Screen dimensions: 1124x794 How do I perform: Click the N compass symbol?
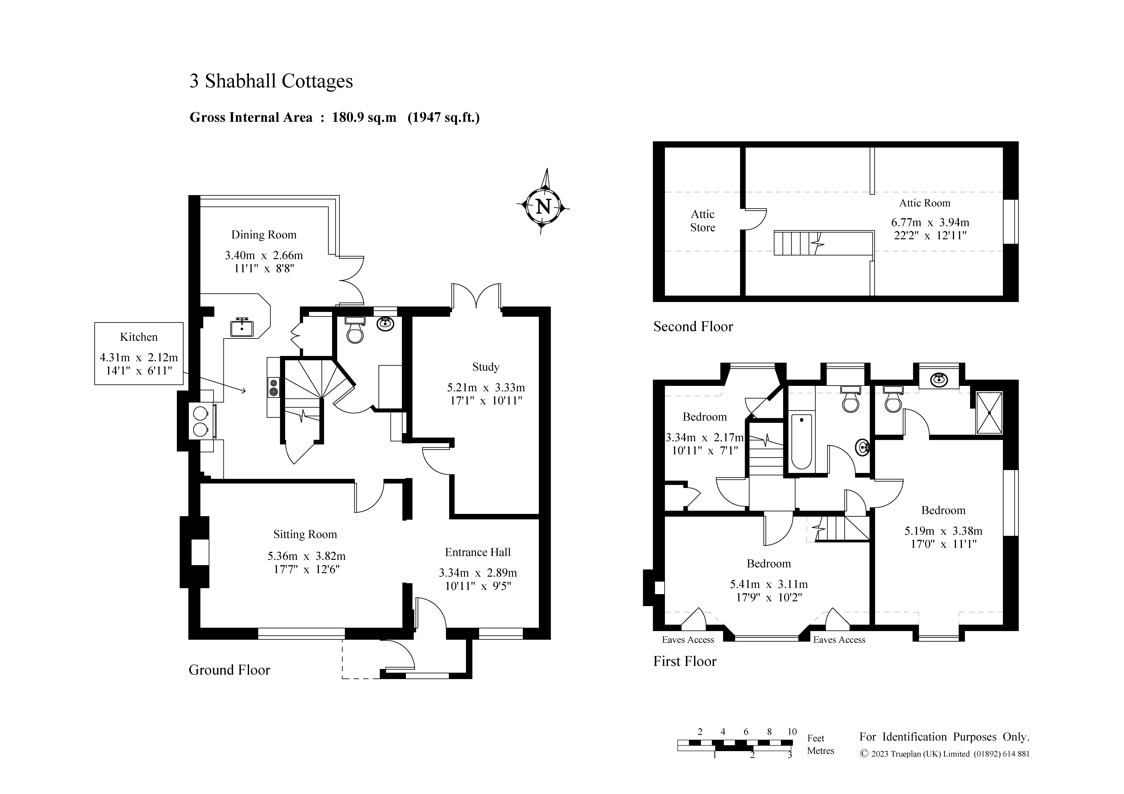pyautogui.click(x=543, y=206)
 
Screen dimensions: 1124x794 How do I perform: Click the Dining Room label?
pyautogui.click(x=264, y=235)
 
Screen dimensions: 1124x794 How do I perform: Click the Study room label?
pyautogui.click(x=486, y=367)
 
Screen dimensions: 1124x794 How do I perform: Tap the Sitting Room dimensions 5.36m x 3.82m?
pyautogui.click(x=306, y=556)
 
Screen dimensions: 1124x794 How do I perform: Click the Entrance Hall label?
pyautogui.click(x=478, y=552)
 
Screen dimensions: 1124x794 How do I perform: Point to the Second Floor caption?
pyautogui.click(x=693, y=326)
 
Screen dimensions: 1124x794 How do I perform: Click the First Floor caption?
pyautogui.click(x=685, y=661)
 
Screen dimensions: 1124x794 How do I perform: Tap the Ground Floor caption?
pyautogui.click(x=230, y=670)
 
